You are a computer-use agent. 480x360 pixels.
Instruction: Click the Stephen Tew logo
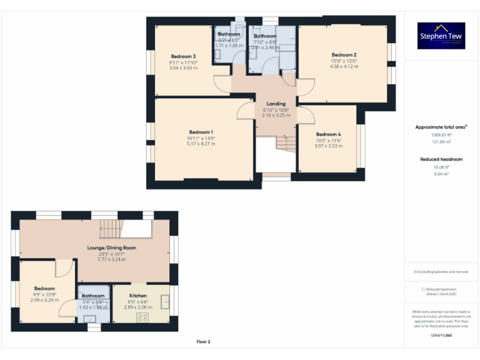pos(442,36)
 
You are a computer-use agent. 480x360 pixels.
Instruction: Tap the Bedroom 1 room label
pos(201,132)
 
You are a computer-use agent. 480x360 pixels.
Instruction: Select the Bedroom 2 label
pos(344,55)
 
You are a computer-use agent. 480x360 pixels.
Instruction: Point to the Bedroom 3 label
pos(182,56)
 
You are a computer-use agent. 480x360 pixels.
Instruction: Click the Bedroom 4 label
pos(328,134)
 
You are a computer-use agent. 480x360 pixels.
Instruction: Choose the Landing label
pos(276,104)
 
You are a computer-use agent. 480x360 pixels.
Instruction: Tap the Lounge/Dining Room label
pos(111,247)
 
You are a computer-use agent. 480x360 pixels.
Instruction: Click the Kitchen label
pos(138,296)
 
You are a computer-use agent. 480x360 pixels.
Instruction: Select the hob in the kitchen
pos(142,317)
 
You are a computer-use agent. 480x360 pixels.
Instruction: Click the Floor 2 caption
pos(204,342)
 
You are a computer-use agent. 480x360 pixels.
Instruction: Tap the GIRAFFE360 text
pos(441,336)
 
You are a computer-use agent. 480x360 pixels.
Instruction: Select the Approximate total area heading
pos(441,127)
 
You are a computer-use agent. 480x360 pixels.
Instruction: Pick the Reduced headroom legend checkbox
pos(424,289)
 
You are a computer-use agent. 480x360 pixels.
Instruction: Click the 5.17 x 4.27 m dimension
pos(201,144)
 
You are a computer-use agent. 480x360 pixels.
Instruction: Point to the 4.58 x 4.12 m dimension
pos(344,66)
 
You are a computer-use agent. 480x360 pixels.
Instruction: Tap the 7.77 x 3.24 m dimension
pos(111,259)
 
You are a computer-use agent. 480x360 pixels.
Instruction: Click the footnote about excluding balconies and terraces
pos(441,272)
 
